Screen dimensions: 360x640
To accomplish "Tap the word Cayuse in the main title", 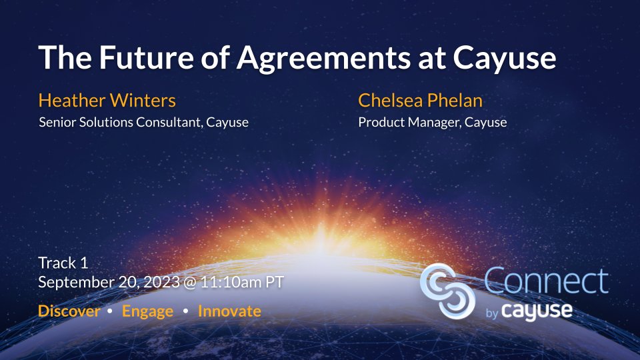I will [x=504, y=59].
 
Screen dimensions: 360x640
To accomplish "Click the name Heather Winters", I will [x=107, y=101].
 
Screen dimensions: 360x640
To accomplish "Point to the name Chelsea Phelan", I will [x=420, y=101].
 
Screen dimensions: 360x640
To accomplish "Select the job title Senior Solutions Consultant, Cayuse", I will [x=144, y=123].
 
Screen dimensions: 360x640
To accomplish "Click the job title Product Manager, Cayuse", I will [x=433, y=123].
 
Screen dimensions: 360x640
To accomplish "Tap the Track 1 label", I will [x=63, y=263].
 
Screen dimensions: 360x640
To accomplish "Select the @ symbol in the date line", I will [x=191, y=282].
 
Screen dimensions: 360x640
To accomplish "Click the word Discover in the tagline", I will [x=69, y=311].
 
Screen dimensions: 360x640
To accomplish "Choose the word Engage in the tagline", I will [x=147, y=311].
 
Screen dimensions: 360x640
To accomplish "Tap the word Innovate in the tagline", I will [x=229, y=311].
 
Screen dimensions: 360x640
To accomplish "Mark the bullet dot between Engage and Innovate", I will [x=185, y=311].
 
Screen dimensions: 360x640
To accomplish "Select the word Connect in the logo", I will [x=545, y=281].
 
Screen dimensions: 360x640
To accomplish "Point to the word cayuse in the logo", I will [x=537, y=311].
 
